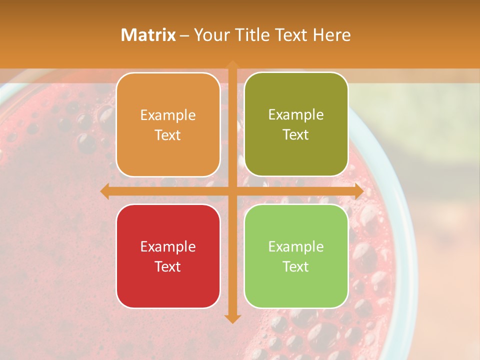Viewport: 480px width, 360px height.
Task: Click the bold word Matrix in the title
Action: click(x=148, y=35)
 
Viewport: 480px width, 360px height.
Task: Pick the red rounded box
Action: click(x=168, y=256)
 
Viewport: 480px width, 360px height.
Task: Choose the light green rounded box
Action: click(x=296, y=256)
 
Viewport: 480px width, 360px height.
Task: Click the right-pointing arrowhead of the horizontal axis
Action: click(x=358, y=191)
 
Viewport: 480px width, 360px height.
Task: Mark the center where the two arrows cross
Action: click(x=232, y=191)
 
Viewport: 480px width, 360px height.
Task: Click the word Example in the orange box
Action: click(x=168, y=115)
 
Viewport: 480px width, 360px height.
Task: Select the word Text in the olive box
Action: click(x=296, y=135)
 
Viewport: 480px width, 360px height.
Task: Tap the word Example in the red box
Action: click(x=168, y=246)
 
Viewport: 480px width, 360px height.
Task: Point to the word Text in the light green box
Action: click(x=296, y=266)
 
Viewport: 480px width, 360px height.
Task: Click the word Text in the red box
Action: click(x=168, y=266)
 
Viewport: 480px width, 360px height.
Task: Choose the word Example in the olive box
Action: click(x=296, y=115)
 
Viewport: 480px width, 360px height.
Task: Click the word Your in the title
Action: click(x=209, y=35)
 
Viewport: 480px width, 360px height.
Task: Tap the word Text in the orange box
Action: click(x=168, y=135)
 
